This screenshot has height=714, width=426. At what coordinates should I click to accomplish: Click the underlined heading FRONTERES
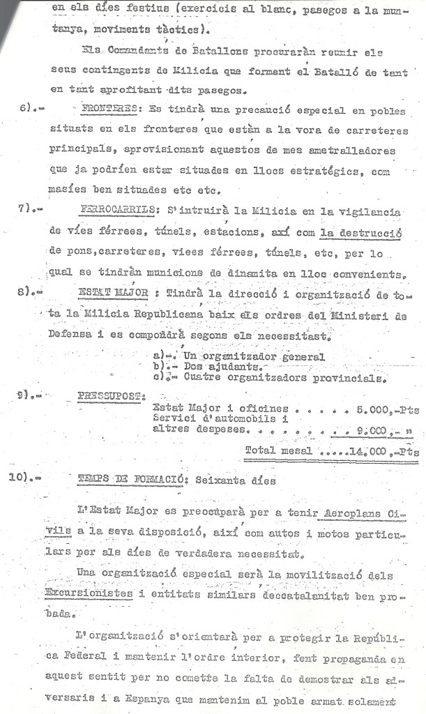[x=109, y=109]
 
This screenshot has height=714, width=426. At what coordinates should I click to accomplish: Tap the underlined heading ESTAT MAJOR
[x=113, y=293]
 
